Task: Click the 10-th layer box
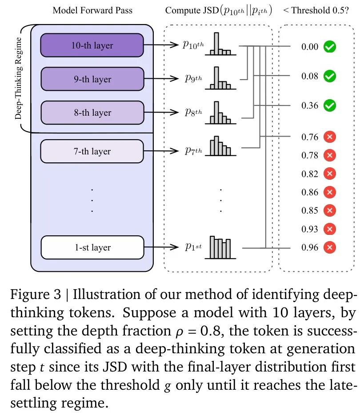pyautogui.click(x=92, y=45)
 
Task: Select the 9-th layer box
pyautogui.click(x=92, y=79)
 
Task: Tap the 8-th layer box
pyautogui.click(x=92, y=113)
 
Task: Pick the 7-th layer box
pyautogui.click(x=92, y=151)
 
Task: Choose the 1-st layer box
pyautogui.click(x=92, y=247)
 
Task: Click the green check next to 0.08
pyautogui.click(x=329, y=76)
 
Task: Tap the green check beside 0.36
pyautogui.click(x=329, y=105)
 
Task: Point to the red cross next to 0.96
pyautogui.click(x=329, y=247)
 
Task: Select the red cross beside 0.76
pyautogui.click(x=329, y=137)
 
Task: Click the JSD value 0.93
pyautogui.click(x=310, y=229)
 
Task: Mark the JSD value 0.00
pyautogui.click(x=310, y=46)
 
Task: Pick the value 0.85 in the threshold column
pyautogui.click(x=310, y=210)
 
